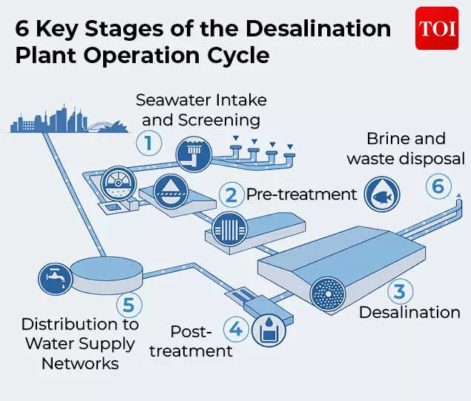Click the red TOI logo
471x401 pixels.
(x=436, y=29)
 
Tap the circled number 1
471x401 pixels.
(x=148, y=142)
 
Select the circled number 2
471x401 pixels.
(x=231, y=195)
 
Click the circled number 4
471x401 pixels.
(x=234, y=327)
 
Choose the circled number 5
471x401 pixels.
(x=128, y=304)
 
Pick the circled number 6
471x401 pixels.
(x=438, y=186)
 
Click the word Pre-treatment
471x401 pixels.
(x=302, y=195)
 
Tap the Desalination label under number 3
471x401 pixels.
(x=409, y=313)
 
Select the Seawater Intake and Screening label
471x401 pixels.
(x=200, y=109)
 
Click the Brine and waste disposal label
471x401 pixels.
(x=406, y=149)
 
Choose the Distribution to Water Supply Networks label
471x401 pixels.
(x=79, y=344)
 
